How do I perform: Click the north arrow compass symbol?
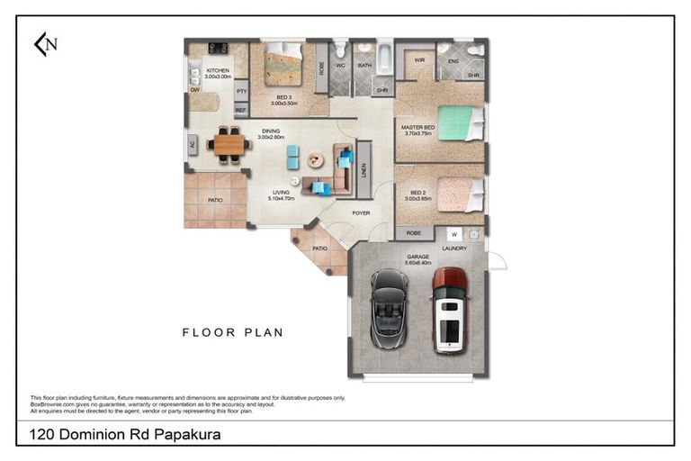[45, 44]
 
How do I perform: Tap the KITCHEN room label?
[218, 70]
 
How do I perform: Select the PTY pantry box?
[241, 92]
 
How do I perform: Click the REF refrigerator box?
[241, 110]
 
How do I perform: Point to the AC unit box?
[193, 145]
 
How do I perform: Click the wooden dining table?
[229, 143]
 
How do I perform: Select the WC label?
[340, 66]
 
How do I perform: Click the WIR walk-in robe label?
[419, 60]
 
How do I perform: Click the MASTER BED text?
[417, 128]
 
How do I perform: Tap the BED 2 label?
[417, 192]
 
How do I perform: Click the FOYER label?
[361, 213]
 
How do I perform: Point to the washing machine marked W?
[454, 234]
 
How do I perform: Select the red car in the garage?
[449, 309]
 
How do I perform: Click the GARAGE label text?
[417, 256]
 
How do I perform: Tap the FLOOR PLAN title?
[233, 332]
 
